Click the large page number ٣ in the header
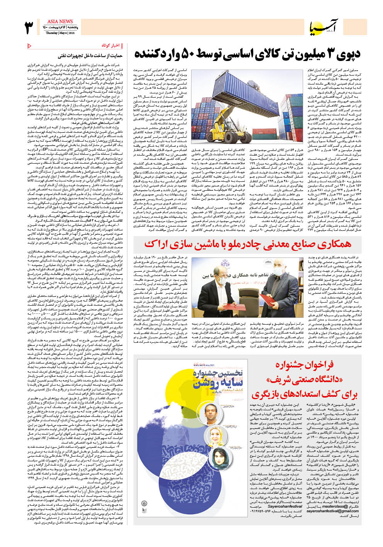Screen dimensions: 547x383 point(29,28)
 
